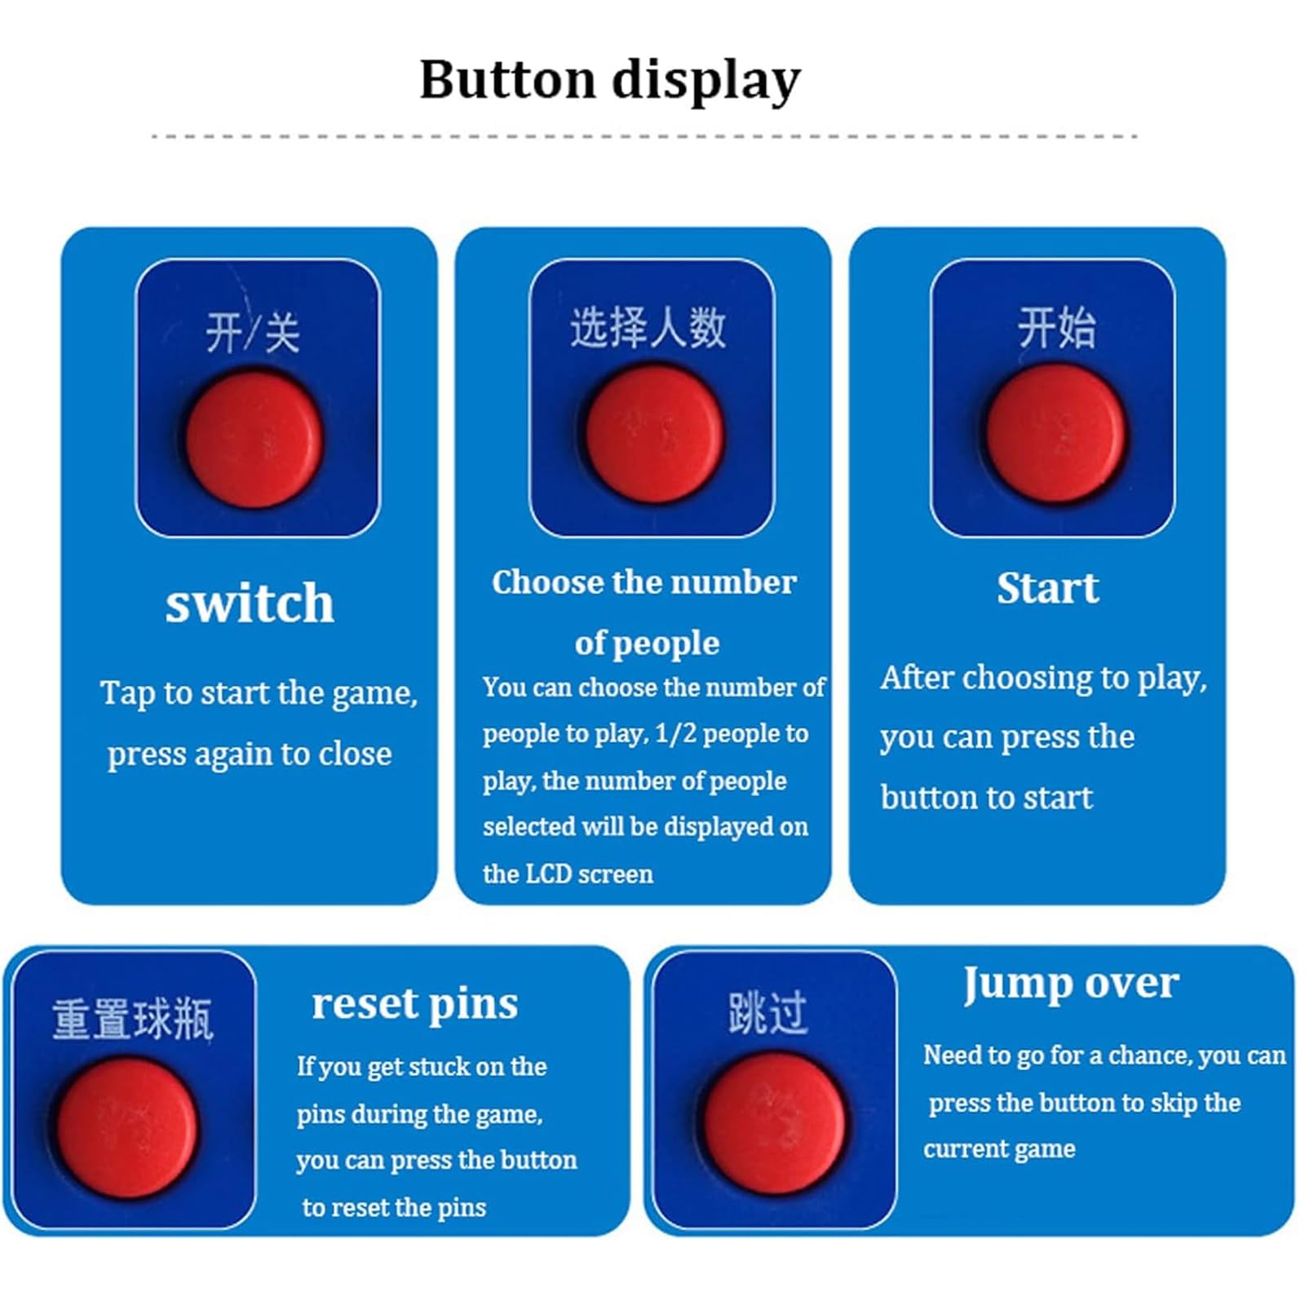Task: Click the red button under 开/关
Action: pyautogui.click(x=254, y=440)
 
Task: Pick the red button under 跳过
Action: pyautogui.click(x=774, y=1123)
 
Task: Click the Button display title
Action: pyautogui.click(x=610, y=81)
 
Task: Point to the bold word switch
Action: pyautogui.click(x=250, y=604)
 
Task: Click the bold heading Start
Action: pyautogui.click(x=1047, y=588)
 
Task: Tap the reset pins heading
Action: pyautogui.click(x=414, y=1004)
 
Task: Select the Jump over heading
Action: pyautogui.click(x=1070, y=984)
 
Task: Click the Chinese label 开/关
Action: pyautogui.click(x=253, y=333)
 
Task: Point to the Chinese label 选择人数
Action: pyautogui.click(x=648, y=328)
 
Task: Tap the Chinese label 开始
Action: pyautogui.click(x=1056, y=328)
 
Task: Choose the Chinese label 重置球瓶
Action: pyautogui.click(x=132, y=1020)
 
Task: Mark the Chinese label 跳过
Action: pyautogui.click(x=768, y=1014)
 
